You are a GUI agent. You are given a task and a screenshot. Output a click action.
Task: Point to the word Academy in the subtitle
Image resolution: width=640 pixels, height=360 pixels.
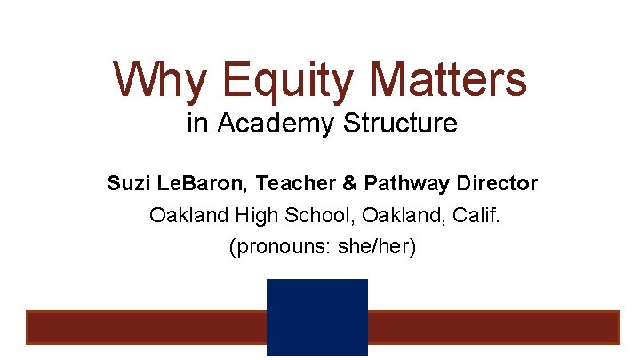point(268,124)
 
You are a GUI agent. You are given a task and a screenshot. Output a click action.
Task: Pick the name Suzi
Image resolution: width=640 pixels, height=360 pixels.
point(126,184)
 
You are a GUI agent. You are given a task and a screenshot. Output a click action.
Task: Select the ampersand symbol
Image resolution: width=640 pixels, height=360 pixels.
point(348,184)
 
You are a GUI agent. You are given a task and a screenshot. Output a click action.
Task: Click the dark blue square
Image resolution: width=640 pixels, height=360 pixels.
point(317,317)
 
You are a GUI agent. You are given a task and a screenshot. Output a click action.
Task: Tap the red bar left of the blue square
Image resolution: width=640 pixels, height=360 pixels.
point(146,326)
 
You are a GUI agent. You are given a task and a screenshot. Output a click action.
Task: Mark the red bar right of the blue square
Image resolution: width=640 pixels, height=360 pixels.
point(493,326)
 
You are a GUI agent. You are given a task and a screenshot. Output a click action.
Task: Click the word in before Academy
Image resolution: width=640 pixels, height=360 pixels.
point(196,123)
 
